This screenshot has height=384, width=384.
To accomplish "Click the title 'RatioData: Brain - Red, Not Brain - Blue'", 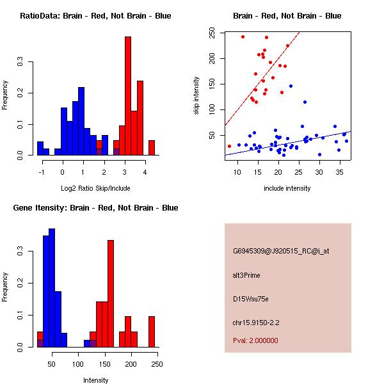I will coord(95,16).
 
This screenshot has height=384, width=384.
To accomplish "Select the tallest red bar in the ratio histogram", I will coord(128,96).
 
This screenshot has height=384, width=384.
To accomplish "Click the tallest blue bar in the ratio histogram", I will coord(81,122).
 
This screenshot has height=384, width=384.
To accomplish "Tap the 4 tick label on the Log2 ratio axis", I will coord(145,172).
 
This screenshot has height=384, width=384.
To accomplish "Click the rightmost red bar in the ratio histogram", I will coord(152,148).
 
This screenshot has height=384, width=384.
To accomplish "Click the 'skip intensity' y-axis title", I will coord(196,96).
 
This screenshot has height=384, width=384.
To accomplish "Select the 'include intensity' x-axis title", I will coord(287,188).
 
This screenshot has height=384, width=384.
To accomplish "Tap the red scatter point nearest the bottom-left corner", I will coord(229,146).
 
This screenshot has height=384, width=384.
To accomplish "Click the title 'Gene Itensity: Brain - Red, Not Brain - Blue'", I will coord(95,208).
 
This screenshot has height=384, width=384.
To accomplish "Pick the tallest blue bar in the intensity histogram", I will coord(52,287).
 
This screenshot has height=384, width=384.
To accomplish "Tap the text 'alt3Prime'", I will coord(246,275).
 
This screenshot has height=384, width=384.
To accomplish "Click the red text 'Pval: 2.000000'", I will coord(255,340).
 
